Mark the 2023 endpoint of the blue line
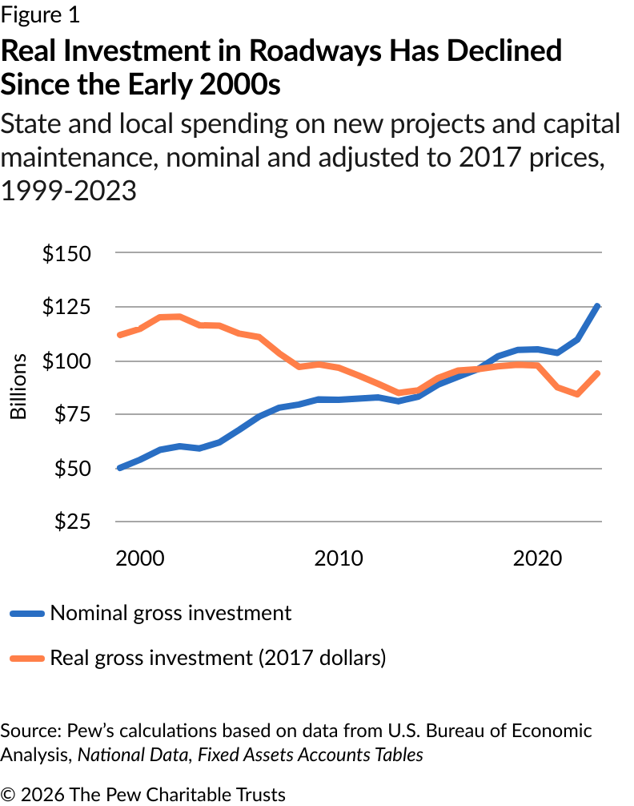point(599,306)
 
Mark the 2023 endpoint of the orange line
point(599,373)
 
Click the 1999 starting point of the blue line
point(119,468)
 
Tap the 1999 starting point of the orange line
point(119,335)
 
